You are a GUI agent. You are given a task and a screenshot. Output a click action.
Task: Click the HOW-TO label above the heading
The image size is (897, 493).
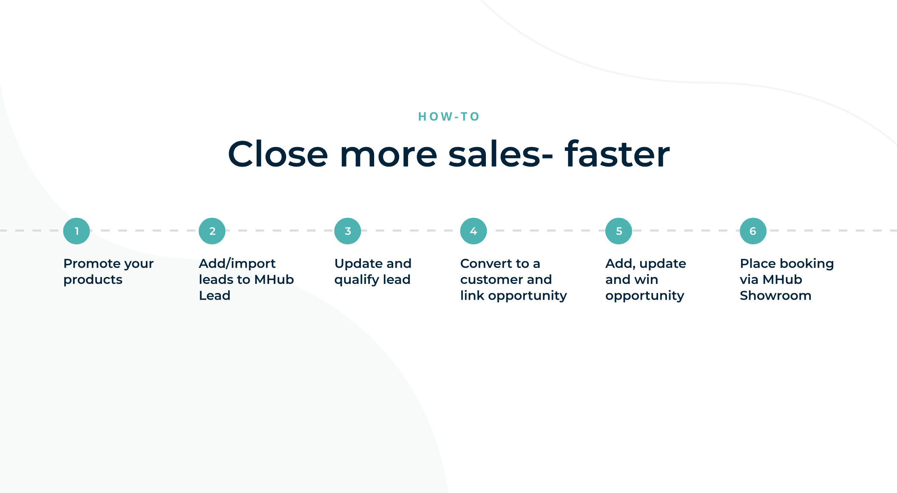448,116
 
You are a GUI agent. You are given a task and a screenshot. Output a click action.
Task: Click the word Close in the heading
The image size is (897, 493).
278,154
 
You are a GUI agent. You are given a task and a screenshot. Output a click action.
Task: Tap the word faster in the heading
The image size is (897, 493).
617,154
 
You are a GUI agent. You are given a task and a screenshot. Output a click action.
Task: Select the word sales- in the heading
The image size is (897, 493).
500,154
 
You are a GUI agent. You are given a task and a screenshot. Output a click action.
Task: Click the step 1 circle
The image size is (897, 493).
77,231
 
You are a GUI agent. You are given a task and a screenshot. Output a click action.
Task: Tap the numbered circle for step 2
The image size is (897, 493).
212,231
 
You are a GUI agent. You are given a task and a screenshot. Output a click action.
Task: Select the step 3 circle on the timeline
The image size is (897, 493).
348,231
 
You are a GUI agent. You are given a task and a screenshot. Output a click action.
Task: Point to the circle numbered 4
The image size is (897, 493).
474,231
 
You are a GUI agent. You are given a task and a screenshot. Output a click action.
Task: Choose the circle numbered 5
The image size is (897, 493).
619,231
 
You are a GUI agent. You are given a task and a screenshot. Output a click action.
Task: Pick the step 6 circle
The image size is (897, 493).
753,231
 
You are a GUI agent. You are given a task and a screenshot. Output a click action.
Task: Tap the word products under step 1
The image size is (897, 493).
93,280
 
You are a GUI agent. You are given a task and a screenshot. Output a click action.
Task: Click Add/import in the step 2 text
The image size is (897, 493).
237,264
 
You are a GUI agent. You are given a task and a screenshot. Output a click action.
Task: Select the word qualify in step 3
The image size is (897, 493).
357,280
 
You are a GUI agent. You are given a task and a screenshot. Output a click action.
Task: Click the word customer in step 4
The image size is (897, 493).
491,280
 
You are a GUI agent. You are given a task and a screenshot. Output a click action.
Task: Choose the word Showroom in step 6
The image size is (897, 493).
775,295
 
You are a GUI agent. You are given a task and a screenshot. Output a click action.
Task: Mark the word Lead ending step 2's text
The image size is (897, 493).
215,295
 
